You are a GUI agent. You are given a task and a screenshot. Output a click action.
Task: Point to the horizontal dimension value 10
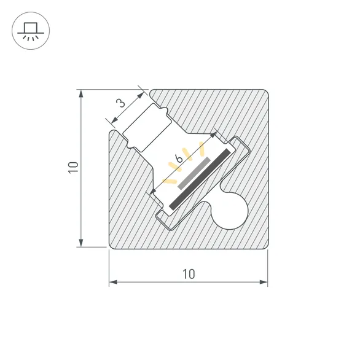[189, 274]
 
